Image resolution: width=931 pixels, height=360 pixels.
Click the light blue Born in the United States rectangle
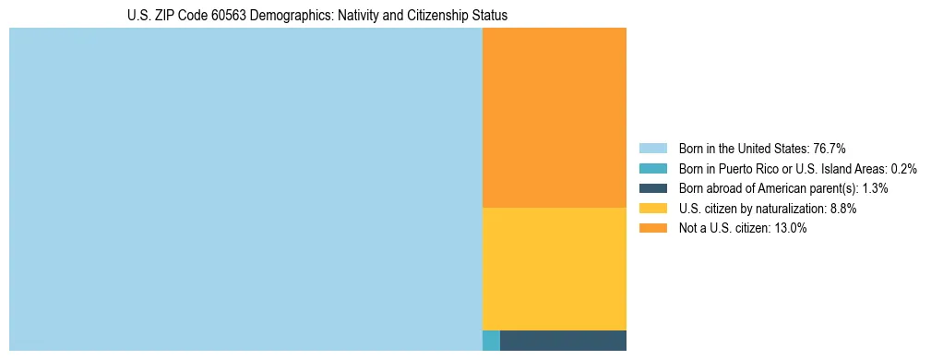[245, 189]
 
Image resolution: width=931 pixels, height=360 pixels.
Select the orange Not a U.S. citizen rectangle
[554, 117]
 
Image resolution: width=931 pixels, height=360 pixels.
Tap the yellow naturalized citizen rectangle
[554, 269]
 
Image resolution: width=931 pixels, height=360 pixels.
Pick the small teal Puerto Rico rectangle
[491, 341]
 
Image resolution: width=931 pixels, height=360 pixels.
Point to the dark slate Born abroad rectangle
[563, 341]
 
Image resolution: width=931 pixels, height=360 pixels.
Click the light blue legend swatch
[653, 149]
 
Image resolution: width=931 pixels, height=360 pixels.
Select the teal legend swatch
[653, 169]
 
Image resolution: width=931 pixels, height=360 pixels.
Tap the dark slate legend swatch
[653, 188]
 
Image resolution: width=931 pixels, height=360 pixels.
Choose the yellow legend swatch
[653, 209]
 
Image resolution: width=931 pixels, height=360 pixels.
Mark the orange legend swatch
[653, 229]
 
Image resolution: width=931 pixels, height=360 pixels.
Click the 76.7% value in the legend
[830, 149]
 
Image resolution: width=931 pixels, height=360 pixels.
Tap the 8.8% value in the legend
[841, 209]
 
